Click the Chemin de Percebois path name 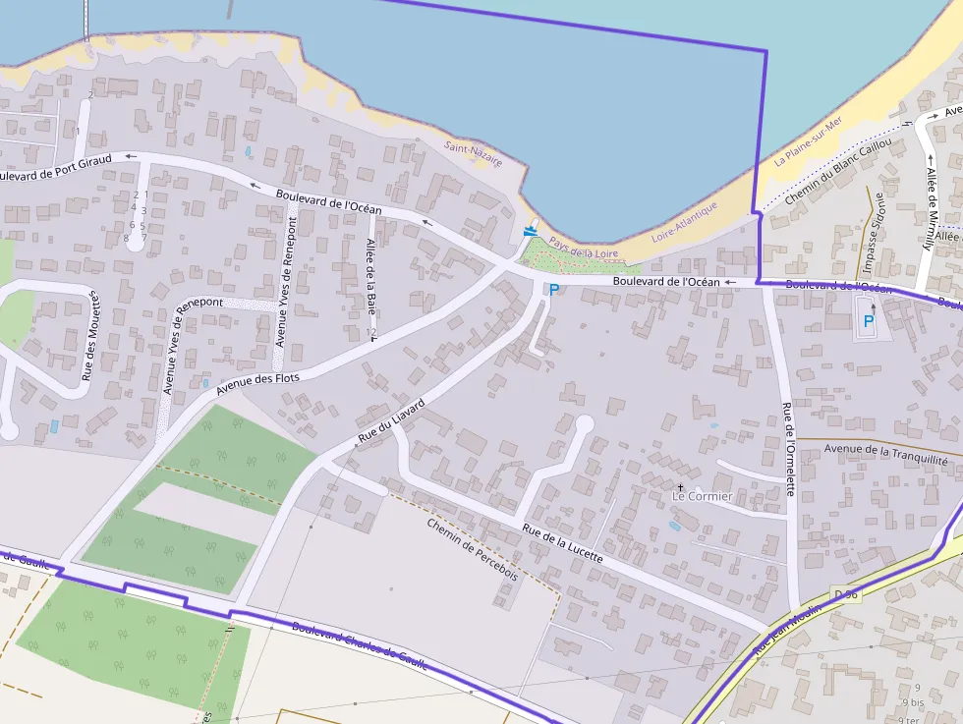pyautogui.click(x=472, y=549)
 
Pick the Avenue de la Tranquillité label pyautogui.click(x=885, y=455)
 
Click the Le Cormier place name pyautogui.click(x=702, y=497)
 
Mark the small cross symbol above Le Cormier pyautogui.click(x=680, y=486)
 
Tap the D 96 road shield pyautogui.click(x=846, y=595)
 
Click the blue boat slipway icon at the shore pyautogui.click(x=531, y=231)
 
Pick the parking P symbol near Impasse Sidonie pyautogui.click(x=868, y=319)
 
